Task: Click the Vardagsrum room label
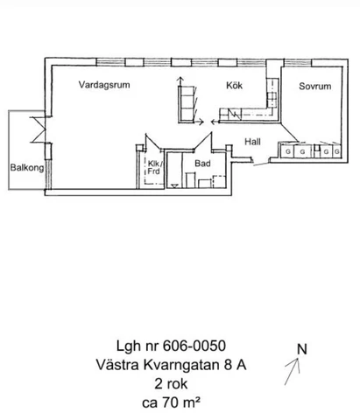pyautogui.click(x=104, y=85)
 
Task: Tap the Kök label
pyautogui.click(x=234, y=85)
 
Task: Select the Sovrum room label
pyautogui.click(x=315, y=87)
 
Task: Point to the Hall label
pyautogui.click(x=252, y=142)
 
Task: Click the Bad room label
pyautogui.click(x=202, y=164)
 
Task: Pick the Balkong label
pyautogui.click(x=27, y=168)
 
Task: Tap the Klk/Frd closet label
pyautogui.click(x=154, y=167)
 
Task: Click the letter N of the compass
pyautogui.click(x=302, y=349)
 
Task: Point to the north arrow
pyautogui.click(x=293, y=372)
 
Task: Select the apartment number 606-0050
pyautogui.click(x=194, y=346)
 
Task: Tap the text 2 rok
pyautogui.click(x=171, y=384)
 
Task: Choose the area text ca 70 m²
pyautogui.click(x=171, y=402)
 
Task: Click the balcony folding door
pyautogui.click(x=38, y=129)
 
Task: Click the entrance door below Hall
pyautogui.click(x=261, y=164)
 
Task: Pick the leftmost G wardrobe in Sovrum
pyautogui.click(x=288, y=151)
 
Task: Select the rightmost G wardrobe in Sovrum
pyautogui.click(x=337, y=151)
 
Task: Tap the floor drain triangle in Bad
pyautogui.click(x=174, y=186)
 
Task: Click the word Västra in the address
pyautogui.click(x=117, y=365)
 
